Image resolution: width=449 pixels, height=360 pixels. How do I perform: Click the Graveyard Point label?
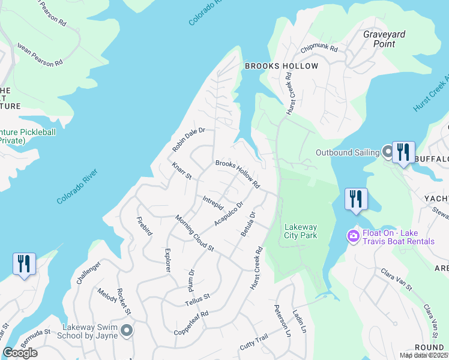point(379,39)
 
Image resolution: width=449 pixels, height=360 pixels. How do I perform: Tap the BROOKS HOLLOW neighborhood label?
point(280,65)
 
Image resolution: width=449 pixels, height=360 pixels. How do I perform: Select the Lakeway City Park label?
point(300,231)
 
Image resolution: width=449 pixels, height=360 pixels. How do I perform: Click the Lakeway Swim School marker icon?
point(126,330)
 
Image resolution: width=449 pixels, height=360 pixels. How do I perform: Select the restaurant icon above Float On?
point(356,199)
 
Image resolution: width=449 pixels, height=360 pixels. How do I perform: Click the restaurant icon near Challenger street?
point(24,263)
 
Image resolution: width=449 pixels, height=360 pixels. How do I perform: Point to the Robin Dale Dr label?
point(188,139)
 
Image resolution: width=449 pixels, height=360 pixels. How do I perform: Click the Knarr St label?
point(181,171)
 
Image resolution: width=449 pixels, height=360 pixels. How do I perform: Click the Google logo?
point(20,353)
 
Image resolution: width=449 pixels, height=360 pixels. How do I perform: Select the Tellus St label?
point(197,298)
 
